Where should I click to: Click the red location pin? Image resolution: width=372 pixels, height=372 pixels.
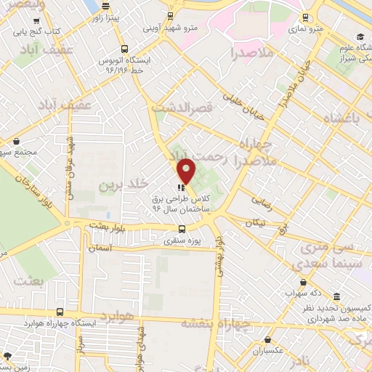(x=187, y=171)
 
